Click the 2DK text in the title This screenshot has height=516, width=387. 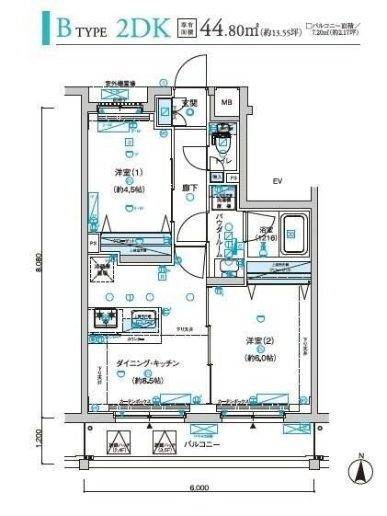(143, 31)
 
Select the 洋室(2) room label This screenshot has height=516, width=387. (261, 341)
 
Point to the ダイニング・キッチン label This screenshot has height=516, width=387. (147, 364)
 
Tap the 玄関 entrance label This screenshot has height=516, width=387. (189, 102)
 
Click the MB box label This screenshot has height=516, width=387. (226, 102)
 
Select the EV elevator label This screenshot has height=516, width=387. (276, 181)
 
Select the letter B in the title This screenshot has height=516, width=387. (65, 30)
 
